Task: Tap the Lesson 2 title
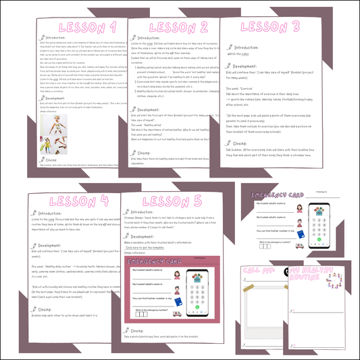(x=179, y=27)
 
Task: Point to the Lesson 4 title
(x=68, y=201)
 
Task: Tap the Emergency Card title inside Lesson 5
(x=155, y=261)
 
